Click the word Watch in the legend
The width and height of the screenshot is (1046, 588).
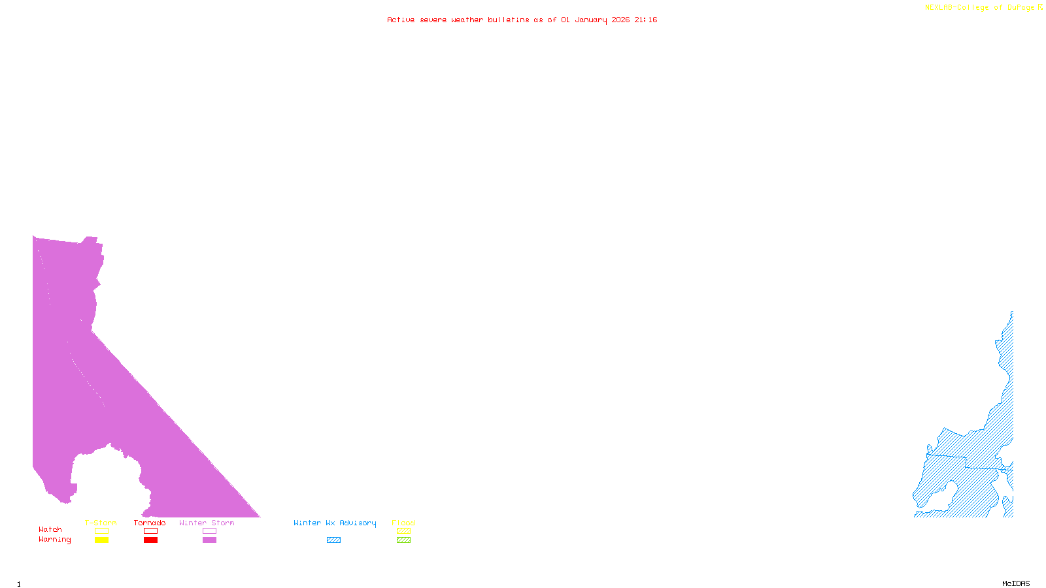coord(50,529)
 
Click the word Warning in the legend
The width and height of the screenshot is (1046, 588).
coord(55,540)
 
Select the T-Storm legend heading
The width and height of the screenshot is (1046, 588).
coord(101,523)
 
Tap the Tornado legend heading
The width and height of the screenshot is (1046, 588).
coord(150,523)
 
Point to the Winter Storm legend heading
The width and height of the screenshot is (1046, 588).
coord(207,523)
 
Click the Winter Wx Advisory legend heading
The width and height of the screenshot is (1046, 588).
coord(335,523)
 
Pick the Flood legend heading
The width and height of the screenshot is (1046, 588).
coord(403,523)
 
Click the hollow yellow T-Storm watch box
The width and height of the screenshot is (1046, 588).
coord(101,531)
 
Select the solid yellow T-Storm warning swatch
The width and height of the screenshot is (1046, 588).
coord(101,540)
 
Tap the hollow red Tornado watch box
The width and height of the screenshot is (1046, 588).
coord(150,531)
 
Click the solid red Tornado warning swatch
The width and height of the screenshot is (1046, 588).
coord(150,540)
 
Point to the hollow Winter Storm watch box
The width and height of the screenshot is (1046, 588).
coord(209,531)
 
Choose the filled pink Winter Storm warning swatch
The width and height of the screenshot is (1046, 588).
coord(209,540)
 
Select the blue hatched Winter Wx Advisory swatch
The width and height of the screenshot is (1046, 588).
coord(333,540)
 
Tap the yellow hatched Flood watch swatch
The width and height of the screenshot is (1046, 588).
coord(403,531)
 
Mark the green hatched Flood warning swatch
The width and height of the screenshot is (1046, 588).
coord(403,540)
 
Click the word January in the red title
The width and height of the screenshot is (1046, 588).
coord(591,20)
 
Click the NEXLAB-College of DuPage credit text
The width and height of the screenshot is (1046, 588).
coord(980,8)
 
